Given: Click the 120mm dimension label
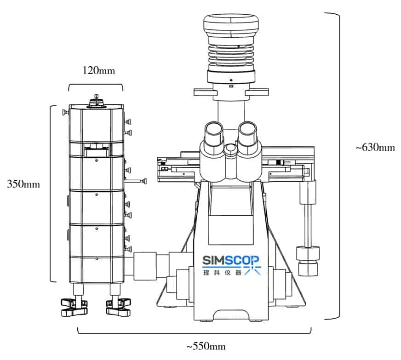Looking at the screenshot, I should [97, 71].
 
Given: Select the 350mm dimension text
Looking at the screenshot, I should [23, 184].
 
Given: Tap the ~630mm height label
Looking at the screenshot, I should [375, 148].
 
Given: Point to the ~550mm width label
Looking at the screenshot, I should [206, 346].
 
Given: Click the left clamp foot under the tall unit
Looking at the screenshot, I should [74, 307].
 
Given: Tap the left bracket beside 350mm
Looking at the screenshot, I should [51, 193].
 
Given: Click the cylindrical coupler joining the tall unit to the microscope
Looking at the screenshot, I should [146, 265].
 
